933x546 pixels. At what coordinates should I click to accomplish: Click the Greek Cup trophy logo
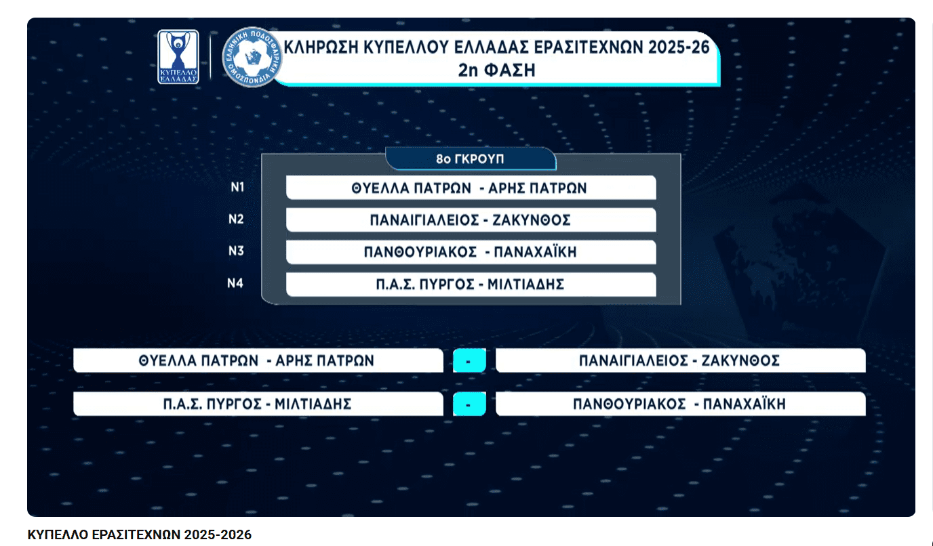pyautogui.click(x=178, y=57)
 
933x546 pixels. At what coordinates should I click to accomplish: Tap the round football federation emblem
pyautogui.click(x=252, y=57)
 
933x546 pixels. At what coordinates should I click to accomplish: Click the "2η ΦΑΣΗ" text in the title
pyautogui.click(x=496, y=70)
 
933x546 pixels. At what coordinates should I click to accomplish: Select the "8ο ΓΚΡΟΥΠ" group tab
pyautogui.click(x=471, y=159)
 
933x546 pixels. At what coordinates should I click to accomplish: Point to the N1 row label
pyautogui.click(x=237, y=187)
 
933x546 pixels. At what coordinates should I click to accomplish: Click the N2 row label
pyautogui.click(x=236, y=219)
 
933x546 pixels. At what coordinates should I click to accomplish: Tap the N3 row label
pyautogui.click(x=236, y=251)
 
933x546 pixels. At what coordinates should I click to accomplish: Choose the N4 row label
pyautogui.click(x=235, y=283)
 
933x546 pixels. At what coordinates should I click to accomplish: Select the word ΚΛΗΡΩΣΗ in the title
pyautogui.click(x=321, y=47)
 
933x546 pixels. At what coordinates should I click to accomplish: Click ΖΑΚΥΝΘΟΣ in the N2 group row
pyautogui.click(x=532, y=220)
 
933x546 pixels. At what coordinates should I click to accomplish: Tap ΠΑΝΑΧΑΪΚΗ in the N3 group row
pyautogui.click(x=535, y=252)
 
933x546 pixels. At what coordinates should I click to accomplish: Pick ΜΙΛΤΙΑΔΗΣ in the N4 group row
pyautogui.click(x=525, y=285)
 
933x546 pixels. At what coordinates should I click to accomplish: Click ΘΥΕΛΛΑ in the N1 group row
pyautogui.click(x=378, y=188)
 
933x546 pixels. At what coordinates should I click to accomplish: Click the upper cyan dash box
pyautogui.click(x=469, y=360)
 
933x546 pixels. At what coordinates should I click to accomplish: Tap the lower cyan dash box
pyautogui.click(x=469, y=404)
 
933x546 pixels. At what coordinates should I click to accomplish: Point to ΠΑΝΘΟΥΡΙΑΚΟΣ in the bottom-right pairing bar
pyautogui.click(x=629, y=404)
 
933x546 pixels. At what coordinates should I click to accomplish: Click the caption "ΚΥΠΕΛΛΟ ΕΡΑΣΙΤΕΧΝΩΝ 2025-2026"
pyautogui.click(x=140, y=534)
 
